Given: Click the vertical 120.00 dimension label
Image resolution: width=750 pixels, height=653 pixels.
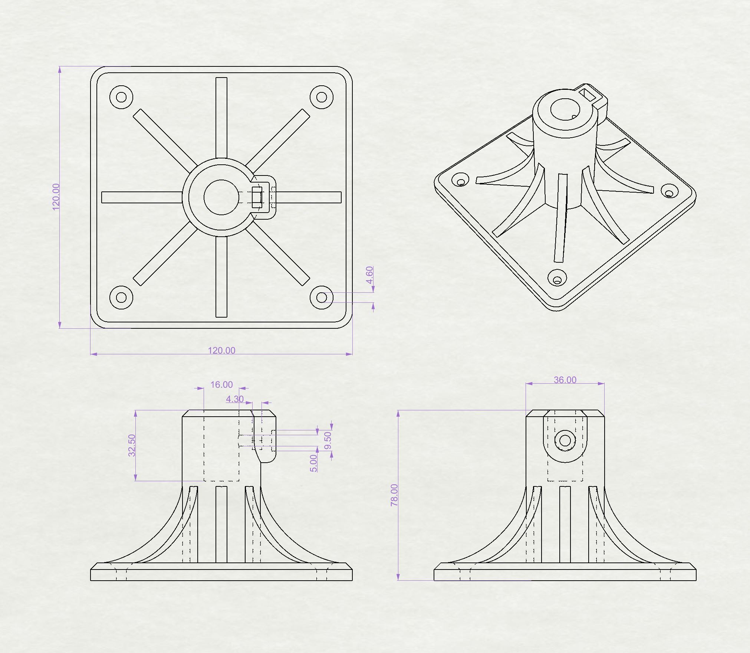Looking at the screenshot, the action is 56,197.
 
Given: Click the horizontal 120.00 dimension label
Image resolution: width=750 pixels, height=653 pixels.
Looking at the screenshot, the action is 221,350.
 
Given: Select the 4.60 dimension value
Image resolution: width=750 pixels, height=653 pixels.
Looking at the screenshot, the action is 369,275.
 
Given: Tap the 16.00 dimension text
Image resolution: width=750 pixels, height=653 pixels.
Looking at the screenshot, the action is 221,384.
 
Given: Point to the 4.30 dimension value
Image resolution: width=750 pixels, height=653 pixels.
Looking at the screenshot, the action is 235,399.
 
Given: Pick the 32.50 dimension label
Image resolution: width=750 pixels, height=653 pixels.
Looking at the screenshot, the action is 132,445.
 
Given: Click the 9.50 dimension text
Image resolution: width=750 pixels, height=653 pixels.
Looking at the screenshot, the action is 328,440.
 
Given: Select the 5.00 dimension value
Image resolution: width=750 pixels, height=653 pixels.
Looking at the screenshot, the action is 313,463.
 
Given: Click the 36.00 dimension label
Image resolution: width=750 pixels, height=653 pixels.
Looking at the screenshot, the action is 565,380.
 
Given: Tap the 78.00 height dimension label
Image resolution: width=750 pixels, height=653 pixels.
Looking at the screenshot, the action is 394,495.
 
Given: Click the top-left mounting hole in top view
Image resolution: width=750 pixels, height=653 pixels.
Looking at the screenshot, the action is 121,97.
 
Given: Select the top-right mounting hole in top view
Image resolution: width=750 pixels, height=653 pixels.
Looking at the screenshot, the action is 322,97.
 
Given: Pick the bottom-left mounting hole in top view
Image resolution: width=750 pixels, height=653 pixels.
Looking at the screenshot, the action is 121,298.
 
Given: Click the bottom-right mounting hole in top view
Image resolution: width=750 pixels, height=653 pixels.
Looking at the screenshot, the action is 322,298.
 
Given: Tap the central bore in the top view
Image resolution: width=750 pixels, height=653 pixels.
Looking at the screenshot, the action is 221,197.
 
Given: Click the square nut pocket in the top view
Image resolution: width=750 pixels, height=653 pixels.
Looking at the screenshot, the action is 257,197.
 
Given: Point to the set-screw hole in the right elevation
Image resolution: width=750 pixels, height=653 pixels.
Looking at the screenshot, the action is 565,441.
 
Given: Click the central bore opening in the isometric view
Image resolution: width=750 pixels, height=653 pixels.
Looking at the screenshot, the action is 566,110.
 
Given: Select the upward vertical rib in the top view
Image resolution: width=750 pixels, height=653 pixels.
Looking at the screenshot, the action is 221,118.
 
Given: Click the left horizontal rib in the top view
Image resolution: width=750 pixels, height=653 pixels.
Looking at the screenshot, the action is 142,197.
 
